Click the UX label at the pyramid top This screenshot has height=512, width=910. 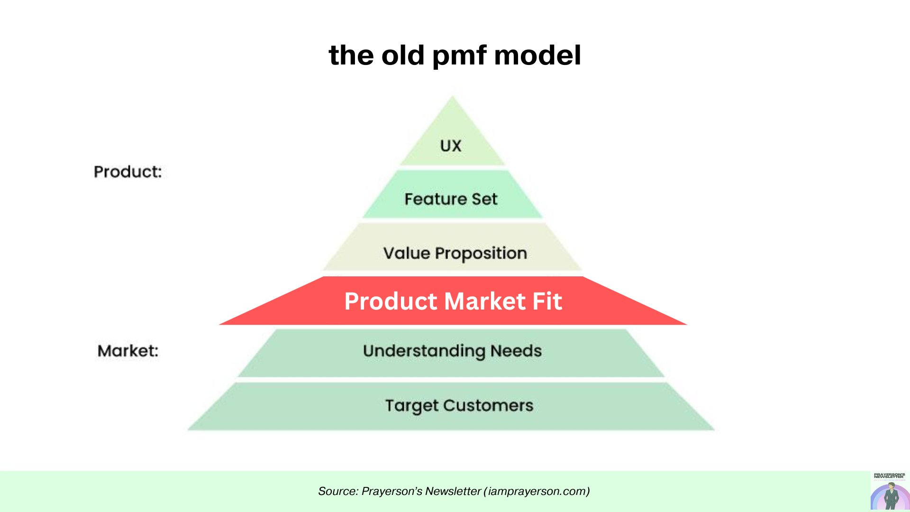point(450,146)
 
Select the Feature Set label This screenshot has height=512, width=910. point(451,199)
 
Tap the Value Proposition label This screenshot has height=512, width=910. point(455,253)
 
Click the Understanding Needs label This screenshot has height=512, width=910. point(452,351)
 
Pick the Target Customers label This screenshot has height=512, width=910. point(459,405)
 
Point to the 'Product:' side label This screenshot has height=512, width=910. point(127,172)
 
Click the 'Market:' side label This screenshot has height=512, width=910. point(127,351)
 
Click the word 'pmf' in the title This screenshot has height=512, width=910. point(459,55)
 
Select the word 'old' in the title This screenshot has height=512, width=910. point(402,55)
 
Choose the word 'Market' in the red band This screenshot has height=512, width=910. point(484,301)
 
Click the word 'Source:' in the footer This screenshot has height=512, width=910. point(338,491)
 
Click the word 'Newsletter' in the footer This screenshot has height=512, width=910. point(453,491)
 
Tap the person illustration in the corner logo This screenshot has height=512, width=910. point(891,496)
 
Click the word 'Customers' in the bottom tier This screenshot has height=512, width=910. point(488,405)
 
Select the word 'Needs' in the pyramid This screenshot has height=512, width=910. point(516,351)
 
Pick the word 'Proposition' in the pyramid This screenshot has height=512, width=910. point(481,254)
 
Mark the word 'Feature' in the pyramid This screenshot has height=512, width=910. point(435,199)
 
